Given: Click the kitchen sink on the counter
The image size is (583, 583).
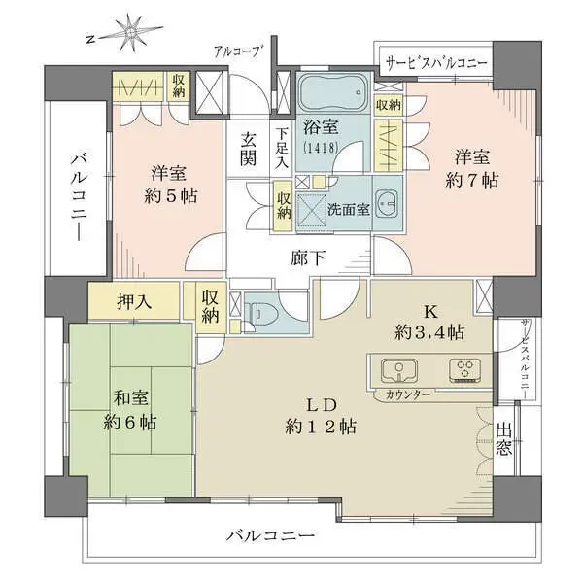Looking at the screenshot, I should coord(398,369).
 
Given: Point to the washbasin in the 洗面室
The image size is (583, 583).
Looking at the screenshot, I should coord(387,204).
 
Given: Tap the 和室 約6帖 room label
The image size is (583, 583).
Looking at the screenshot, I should coord(131,410).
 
